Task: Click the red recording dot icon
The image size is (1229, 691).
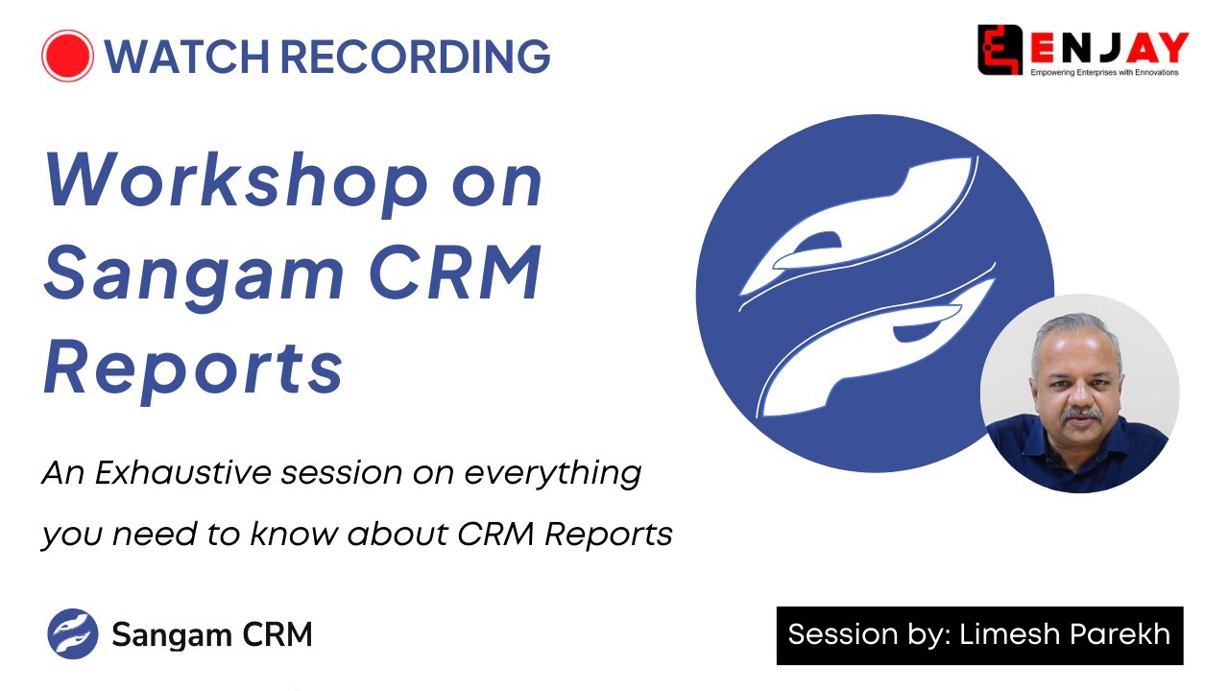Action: [x=67, y=56]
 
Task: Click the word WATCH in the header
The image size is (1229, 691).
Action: [x=186, y=56]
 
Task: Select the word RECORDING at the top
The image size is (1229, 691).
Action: [x=416, y=56]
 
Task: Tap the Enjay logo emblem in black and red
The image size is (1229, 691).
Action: [x=1000, y=49]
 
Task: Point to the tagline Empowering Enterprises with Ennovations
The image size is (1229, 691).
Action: [x=1104, y=72]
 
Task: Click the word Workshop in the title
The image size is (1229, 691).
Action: [x=236, y=182]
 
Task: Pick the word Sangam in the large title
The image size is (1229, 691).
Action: [x=194, y=275]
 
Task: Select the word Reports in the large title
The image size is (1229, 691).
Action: [x=193, y=368]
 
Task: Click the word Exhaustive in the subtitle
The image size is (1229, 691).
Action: [x=182, y=472]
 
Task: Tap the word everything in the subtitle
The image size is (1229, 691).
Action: [x=553, y=474]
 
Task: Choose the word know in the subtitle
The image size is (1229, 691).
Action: [x=294, y=533]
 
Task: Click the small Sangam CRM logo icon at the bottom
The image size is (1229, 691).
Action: [x=73, y=634]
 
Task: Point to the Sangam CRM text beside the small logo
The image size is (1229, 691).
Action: [x=212, y=634]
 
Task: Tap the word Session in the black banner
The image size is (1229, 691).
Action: [x=842, y=634]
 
